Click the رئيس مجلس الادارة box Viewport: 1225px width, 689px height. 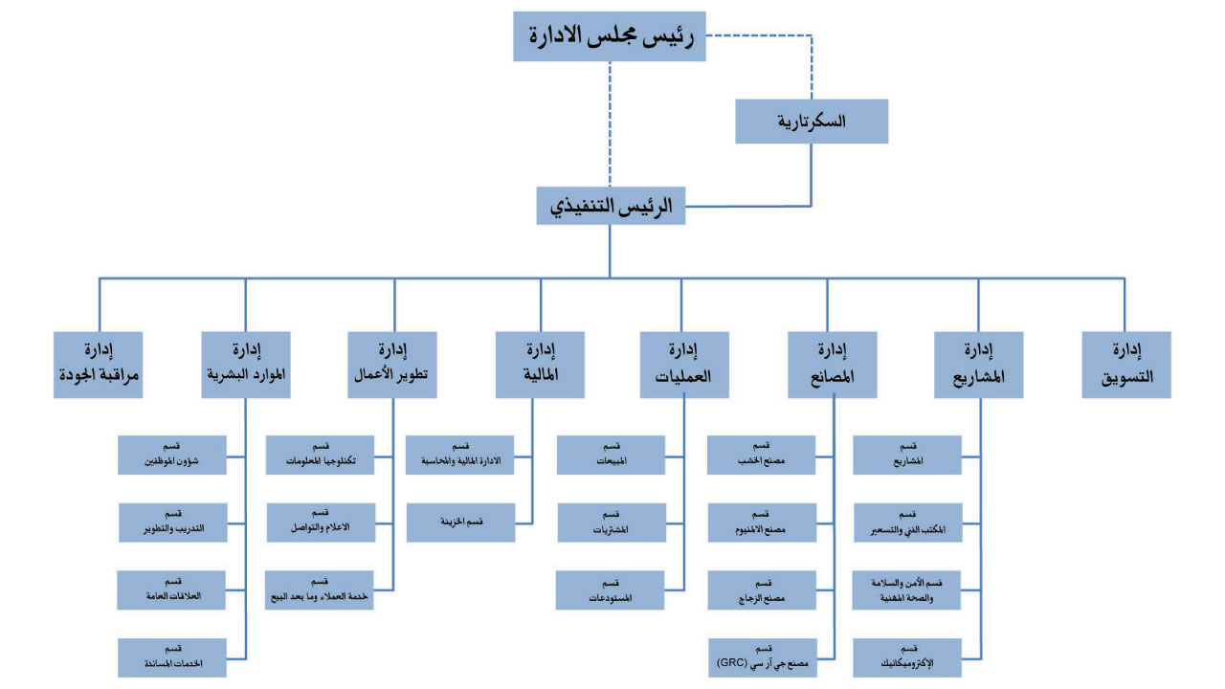[x=609, y=36]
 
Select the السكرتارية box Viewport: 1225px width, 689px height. [x=812, y=121]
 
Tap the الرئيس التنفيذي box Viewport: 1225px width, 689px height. [x=610, y=205]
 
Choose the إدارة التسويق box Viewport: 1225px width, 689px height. [x=1126, y=365]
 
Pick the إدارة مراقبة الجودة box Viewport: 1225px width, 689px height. [x=99, y=365]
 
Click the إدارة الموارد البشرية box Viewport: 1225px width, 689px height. [x=246, y=365]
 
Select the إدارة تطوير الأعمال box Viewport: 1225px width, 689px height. [x=393, y=365]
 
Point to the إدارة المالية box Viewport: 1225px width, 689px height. [x=540, y=365]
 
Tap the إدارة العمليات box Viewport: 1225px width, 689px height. [x=684, y=365]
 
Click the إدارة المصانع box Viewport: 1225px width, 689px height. [x=832, y=365]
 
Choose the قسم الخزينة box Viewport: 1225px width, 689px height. [x=459, y=522]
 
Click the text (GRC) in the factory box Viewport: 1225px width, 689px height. [x=732, y=662]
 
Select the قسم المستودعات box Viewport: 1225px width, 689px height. [x=612, y=589]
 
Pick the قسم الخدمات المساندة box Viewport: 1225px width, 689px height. [x=172, y=656]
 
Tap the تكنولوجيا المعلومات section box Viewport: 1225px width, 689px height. [x=320, y=455]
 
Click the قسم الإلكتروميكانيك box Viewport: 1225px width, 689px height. [x=907, y=656]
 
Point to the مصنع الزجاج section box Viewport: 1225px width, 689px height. [x=762, y=589]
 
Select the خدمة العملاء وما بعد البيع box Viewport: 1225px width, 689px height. [x=320, y=589]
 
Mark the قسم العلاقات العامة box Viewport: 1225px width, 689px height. [x=172, y=589]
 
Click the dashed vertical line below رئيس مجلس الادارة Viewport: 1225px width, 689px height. [x=610, y=124]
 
